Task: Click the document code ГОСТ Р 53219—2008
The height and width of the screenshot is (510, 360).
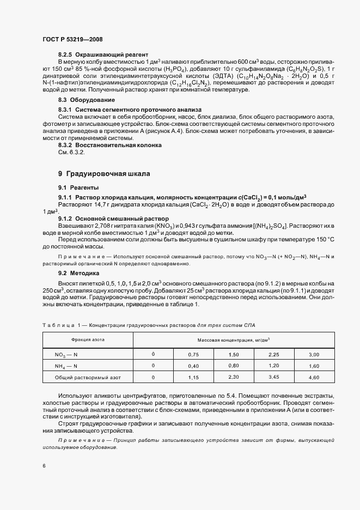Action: (x=72, y=39)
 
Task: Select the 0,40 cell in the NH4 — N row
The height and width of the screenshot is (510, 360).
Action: (x=194, y=366)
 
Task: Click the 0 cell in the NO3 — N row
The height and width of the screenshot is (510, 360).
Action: (x=153, y=354)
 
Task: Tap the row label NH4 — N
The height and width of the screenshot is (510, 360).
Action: (x=66, y=366)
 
